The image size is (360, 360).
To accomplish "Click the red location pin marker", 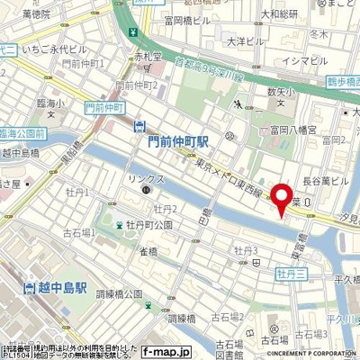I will click(x=285, y=199).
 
